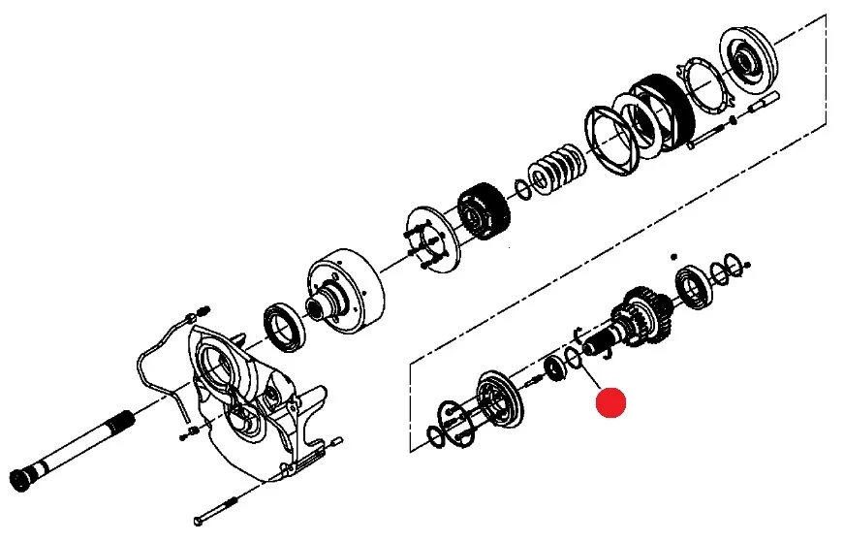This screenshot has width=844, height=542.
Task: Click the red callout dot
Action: coord(611,402)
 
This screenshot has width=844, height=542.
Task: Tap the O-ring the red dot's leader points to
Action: coord(574,359)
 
